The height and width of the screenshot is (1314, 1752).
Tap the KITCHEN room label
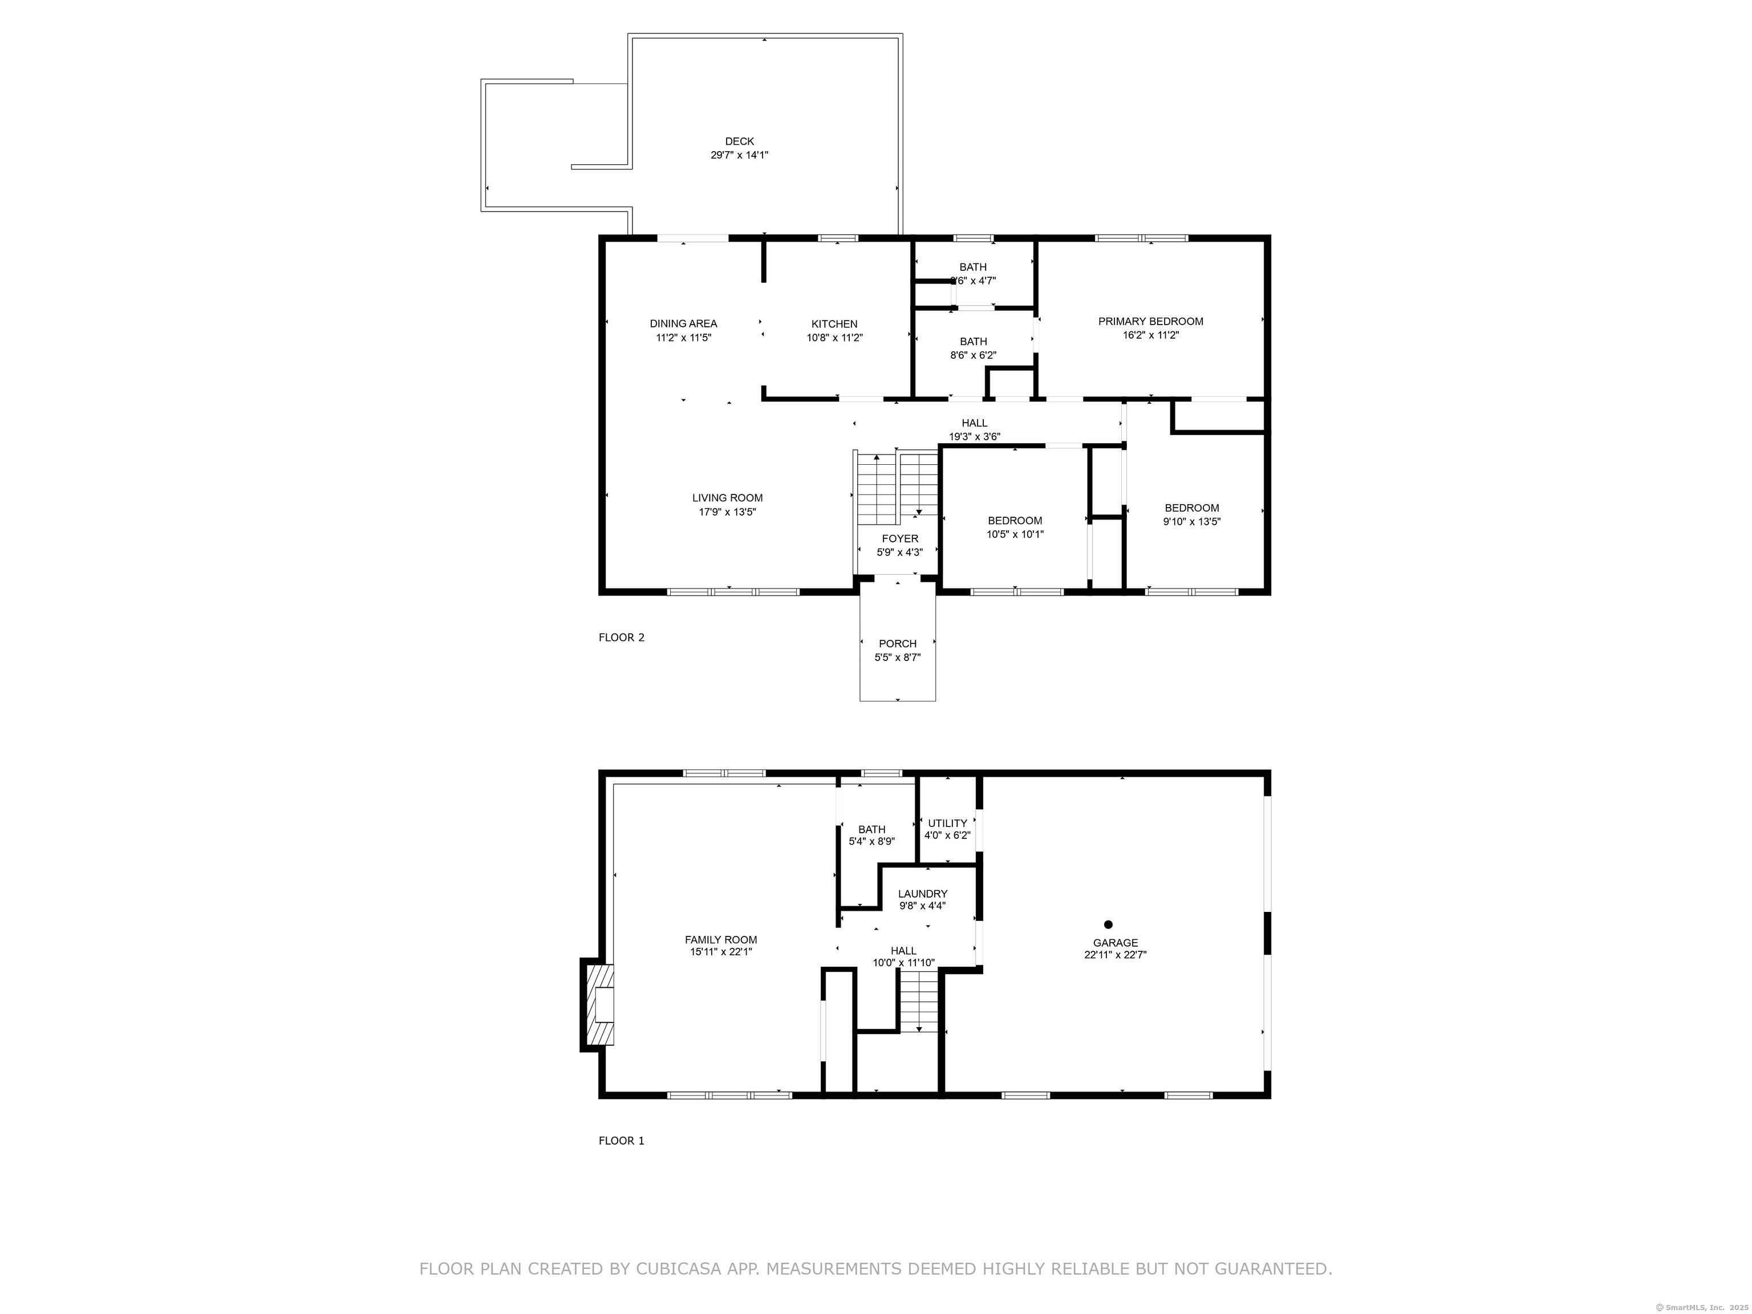834,324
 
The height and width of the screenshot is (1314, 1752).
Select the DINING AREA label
684,323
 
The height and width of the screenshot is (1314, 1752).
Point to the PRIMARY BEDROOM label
1150,322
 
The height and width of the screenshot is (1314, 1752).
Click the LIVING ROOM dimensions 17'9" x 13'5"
727,512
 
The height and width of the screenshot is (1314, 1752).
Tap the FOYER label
900,538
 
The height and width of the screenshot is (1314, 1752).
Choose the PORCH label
897,644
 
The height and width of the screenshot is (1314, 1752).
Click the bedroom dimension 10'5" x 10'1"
1015,534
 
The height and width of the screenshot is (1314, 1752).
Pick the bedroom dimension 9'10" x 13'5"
1191,521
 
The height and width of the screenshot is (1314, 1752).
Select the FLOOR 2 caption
621,638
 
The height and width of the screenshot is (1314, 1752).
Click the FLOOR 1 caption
621,1141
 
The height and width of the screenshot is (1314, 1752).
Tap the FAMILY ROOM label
721,940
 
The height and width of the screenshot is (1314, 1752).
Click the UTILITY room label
947,823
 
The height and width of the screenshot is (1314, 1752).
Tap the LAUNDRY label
923,894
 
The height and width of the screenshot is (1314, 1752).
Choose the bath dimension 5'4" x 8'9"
871,842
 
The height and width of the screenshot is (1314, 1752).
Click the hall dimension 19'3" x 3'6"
974,436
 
